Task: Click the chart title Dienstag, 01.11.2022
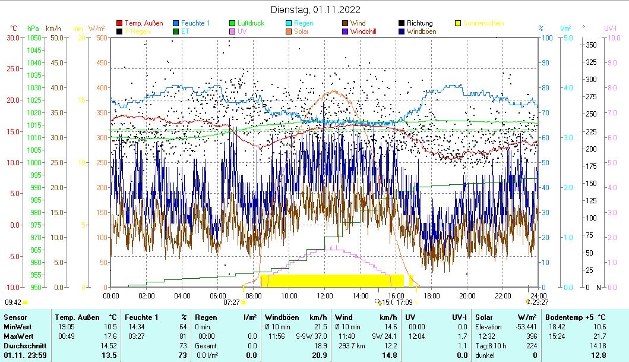click(315, 10)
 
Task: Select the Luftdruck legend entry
click(251, 23)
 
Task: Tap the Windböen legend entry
click(425, 32)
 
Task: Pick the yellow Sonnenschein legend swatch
click(458, 23)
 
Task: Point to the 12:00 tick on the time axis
click(325, 295)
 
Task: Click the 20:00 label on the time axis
click(467, 295)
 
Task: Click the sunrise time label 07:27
click(232, 302)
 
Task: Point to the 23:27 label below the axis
click(541, 302)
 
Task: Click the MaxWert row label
click(17, 336)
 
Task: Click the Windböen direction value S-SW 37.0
click(311, 336)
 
